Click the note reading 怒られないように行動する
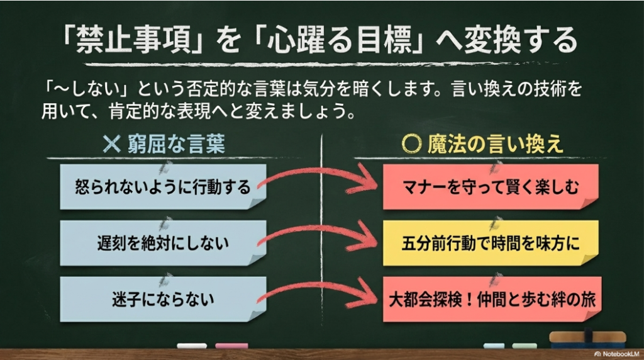click(x=162, y=187)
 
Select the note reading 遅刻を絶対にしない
click(x=162, y=242)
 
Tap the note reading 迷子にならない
click(x=162, y=298)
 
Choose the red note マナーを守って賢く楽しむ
click(x=491, y=187)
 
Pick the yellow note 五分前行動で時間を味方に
click(x=491, y=242)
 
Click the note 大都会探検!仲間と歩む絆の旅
click(x=491, y=298)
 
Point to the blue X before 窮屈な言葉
click(x=111, y=145)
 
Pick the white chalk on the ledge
click(x=191, y=346)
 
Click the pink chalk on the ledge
click(x=231, y=346)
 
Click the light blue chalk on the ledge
click(x=494, y=346)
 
